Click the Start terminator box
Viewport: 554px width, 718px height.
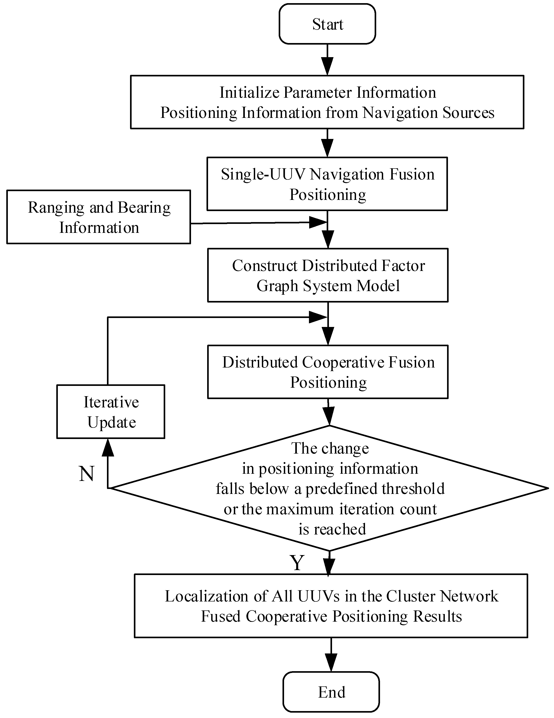coord(327,24)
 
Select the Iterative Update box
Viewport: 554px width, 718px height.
coord(111,412)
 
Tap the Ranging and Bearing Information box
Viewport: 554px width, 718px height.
coord(99,217)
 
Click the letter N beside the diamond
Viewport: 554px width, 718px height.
coord(87,474)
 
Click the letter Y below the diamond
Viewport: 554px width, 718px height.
coord(297,562)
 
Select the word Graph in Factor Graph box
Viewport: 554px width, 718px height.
coord(277,286)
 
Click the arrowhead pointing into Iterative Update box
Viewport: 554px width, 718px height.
coord(108,448)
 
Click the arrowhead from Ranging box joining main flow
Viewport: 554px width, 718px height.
coord(317,223)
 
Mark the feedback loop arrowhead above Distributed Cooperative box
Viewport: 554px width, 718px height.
coord(317,317)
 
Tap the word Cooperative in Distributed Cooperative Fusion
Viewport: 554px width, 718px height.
coord(343,362)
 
